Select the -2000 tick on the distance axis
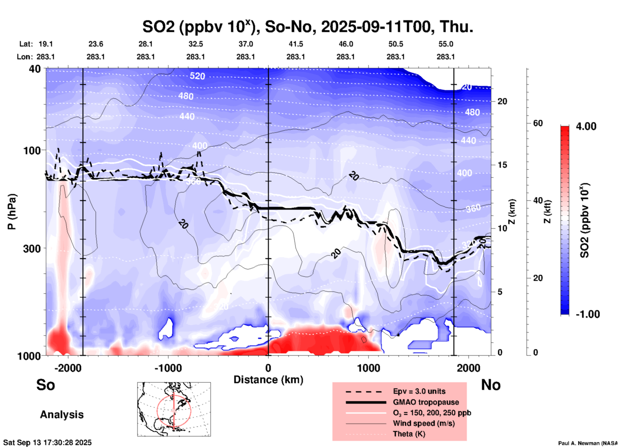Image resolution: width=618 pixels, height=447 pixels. pyautogui.click(x=68, y=368)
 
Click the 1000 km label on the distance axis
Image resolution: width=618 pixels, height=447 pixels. pyautogui.click(x=368, y=368)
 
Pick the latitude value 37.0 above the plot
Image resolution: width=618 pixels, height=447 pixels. pyautogui.click(x=245, y=44)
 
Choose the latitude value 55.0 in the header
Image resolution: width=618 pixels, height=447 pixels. pyautogui.click(x=446, y=44)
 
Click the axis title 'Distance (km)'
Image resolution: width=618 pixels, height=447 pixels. pyautogui.click(x=268, y=380)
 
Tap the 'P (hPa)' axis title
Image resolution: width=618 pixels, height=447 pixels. pyautogui.click(x=12, y=212)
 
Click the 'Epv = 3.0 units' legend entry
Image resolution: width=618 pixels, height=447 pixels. pyautogui.click(x=419, y=391)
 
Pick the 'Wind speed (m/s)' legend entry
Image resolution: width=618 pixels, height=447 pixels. pyautogui.click(x=424, y=423)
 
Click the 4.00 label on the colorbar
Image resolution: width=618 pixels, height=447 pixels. pyautogui.click(x=586, y=126)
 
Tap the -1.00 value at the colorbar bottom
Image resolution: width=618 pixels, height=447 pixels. pyautogui.click(x=588, y=314)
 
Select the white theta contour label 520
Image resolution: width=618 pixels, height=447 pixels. pyautogui.click(x=197, y=76)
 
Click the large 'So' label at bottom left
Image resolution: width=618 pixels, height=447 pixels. pyautogui.click(x=46, y=385)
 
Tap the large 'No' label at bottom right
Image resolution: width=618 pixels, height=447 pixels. pyautogui.click(x=491, y=385)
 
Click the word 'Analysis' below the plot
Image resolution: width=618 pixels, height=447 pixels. pyautogui.click(x=62, y=414)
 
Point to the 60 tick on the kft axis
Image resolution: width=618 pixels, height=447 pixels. pyautogui.click(x=538, y=123)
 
